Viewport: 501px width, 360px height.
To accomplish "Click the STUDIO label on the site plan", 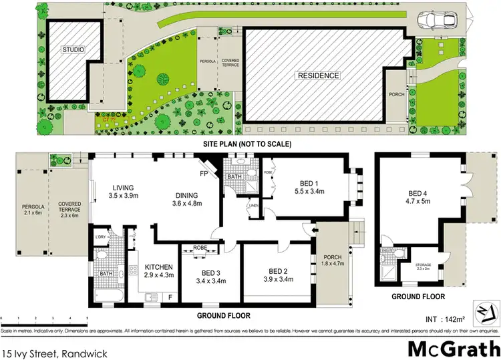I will coord(74,49).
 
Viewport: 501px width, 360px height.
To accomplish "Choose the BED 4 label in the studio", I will coord(420,195).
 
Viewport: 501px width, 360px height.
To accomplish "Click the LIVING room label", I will coord(124,187).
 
